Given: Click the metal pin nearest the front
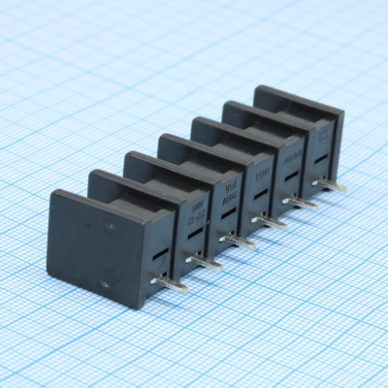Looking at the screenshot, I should coord(172,282).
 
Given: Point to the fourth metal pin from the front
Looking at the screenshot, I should coord(273,222).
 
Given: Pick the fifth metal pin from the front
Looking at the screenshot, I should coord(304,203).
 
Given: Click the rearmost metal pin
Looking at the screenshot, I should coord(333,184).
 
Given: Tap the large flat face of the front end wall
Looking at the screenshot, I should coord(97,242).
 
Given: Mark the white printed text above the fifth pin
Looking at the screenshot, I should coord(293,155).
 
